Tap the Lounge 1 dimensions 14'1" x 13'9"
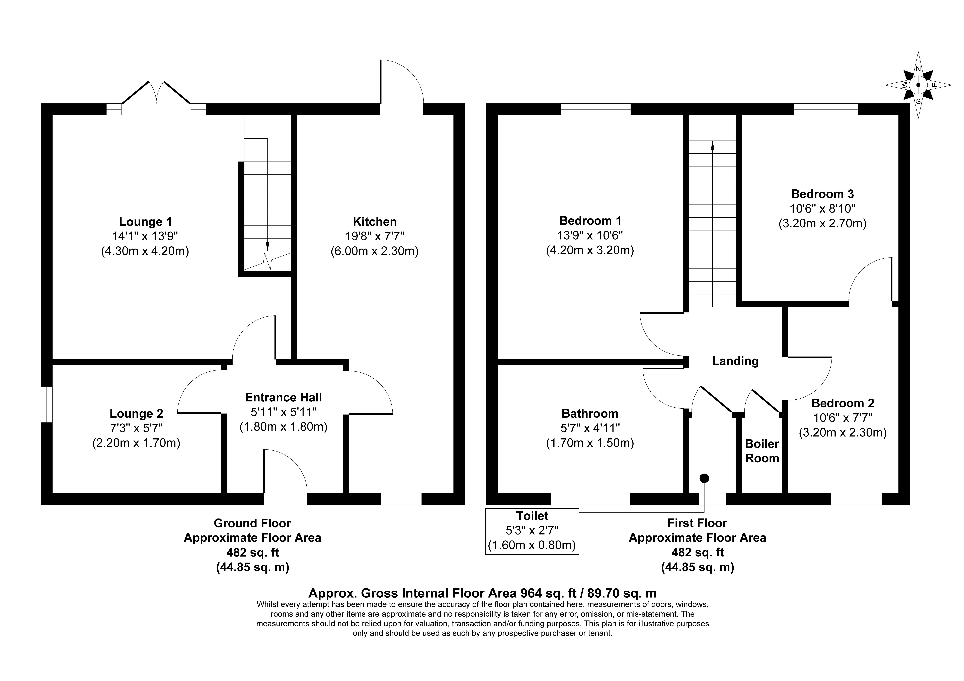click(145, 236)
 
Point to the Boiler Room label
click(762, 451)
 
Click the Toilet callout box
click(532, 531)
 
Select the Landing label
click(735, 361)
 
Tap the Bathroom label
click(590, 414)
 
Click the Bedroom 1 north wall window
click(596, 109)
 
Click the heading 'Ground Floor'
click(252, 523)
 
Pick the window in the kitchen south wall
click(401, 499)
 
